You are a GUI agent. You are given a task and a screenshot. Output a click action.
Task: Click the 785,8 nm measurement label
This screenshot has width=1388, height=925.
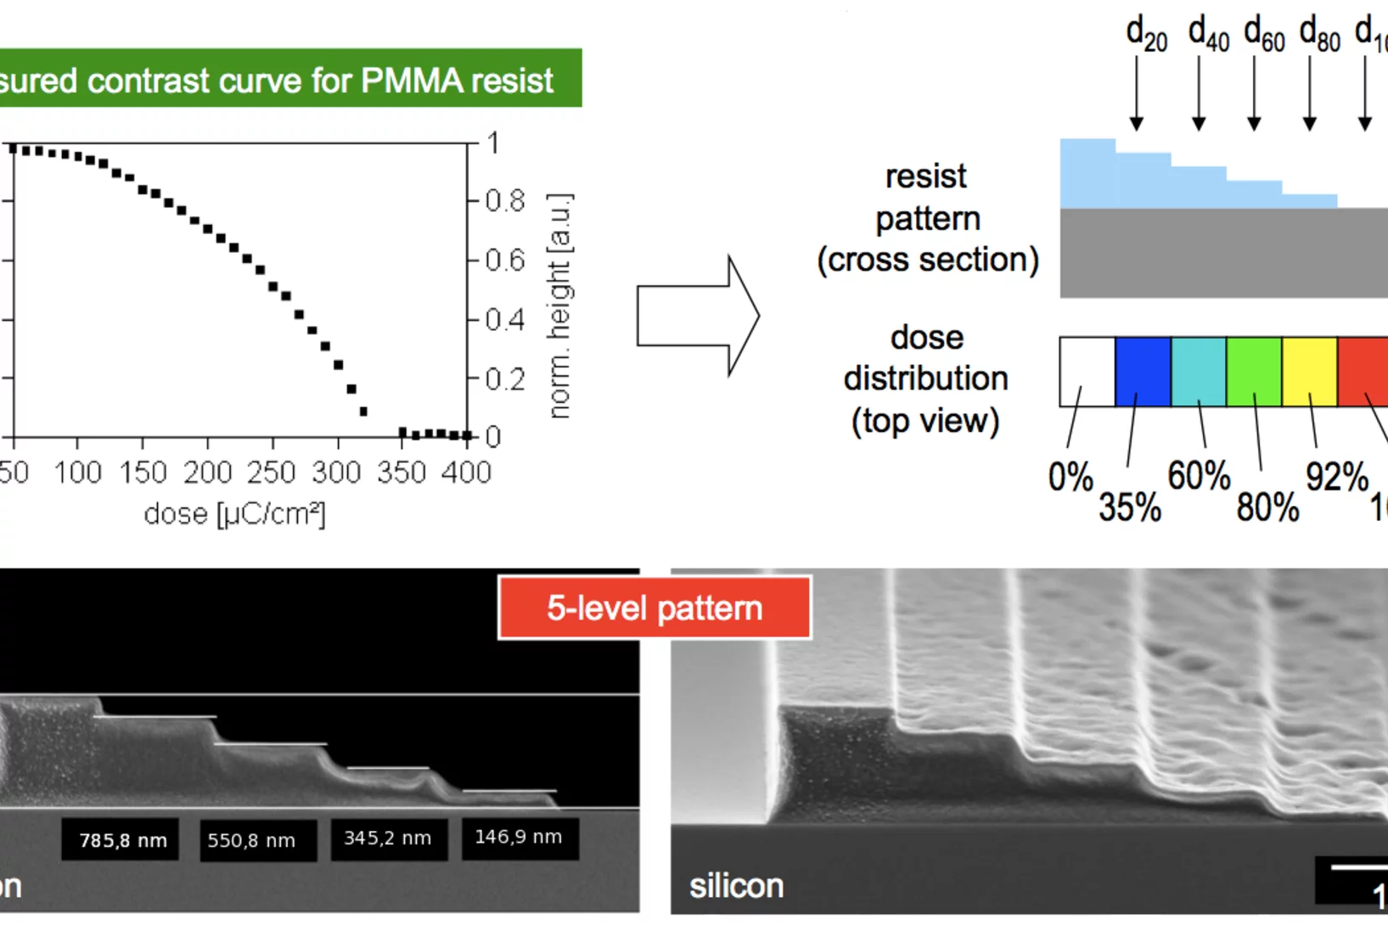click(121, 840)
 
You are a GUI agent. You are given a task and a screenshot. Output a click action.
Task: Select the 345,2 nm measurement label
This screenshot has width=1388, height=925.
click(389, 838)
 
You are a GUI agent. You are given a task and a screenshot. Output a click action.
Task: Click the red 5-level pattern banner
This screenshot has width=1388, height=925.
click(654, 608)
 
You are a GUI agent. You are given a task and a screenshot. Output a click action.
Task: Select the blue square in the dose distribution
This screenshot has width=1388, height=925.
click(1143, 371)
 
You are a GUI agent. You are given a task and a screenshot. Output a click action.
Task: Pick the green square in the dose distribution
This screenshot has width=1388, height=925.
click(1254, 371)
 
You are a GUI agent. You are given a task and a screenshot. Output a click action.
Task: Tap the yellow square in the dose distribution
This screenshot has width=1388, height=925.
click(1310, 371)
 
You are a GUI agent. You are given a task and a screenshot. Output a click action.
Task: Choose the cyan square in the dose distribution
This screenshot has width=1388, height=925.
click(1199, 371)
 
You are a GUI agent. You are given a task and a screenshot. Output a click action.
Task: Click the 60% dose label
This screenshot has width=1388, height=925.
click(1199, 475)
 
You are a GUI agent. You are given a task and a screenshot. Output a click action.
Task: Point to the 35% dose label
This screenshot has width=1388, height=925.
click(1130, 507)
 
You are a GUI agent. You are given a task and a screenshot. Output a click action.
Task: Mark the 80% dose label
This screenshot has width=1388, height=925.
click(1267, 507)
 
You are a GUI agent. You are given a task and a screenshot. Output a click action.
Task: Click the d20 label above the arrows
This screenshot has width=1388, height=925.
click(1146, 34)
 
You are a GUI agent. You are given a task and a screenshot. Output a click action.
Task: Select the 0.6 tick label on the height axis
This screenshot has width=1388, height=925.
click(505, 261)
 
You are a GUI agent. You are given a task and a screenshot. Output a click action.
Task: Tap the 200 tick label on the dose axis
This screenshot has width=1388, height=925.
click(208, 472)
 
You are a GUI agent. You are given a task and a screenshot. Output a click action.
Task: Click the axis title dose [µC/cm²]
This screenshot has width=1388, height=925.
click(234, 514)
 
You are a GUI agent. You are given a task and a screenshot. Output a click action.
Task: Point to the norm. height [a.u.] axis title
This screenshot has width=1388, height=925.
click(559, 306)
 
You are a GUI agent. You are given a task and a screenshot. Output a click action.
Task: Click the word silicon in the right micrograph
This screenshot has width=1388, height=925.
click(736, 886)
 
